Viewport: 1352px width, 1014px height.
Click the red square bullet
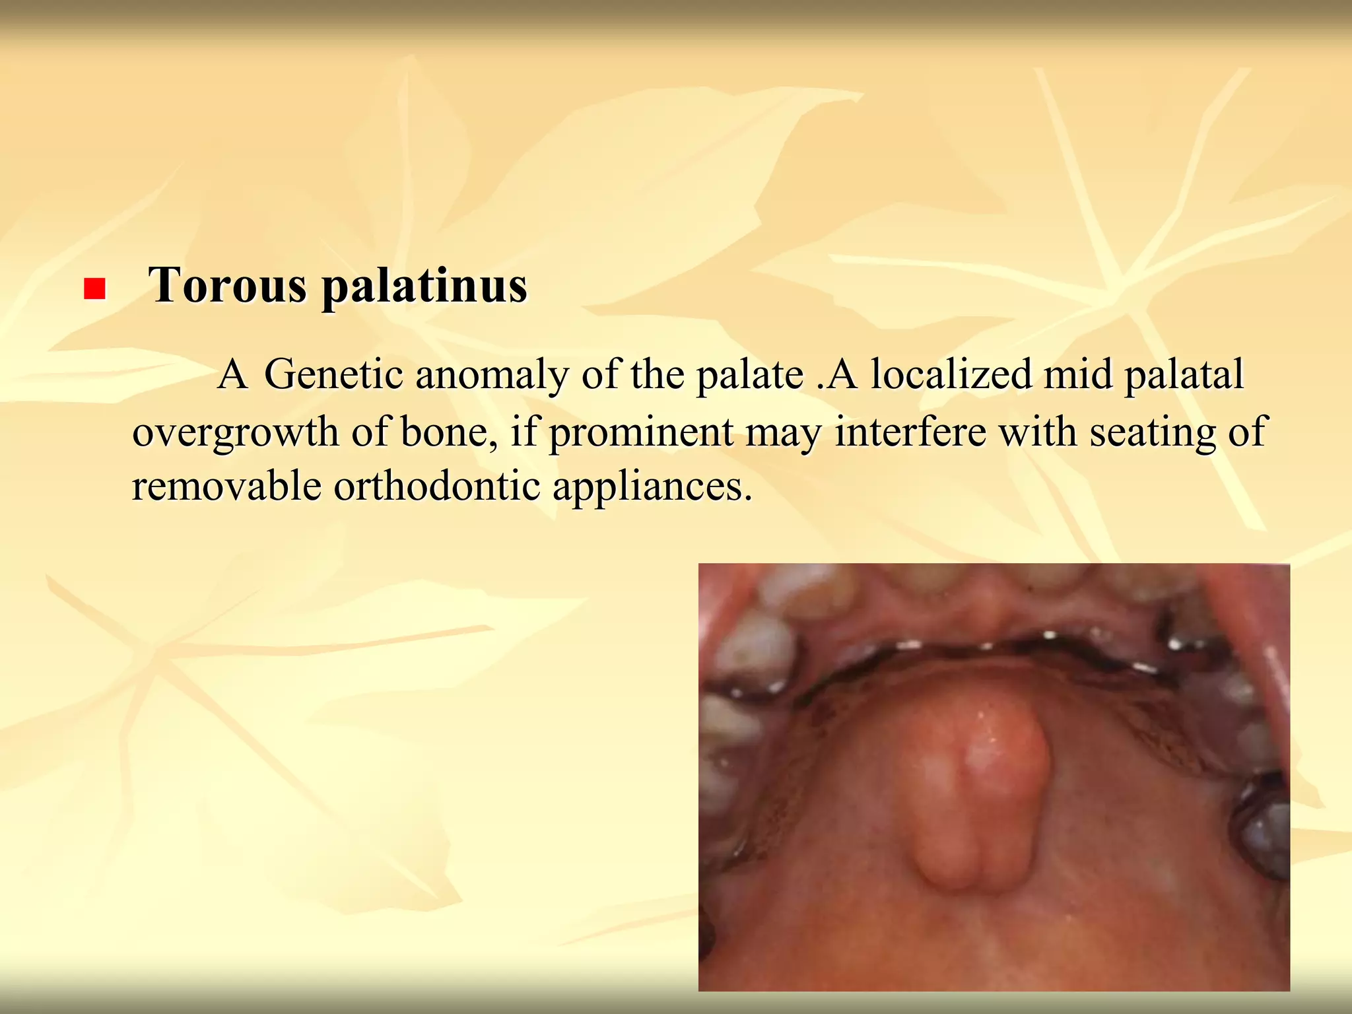(95, 289)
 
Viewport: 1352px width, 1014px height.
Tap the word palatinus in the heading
(424, 287)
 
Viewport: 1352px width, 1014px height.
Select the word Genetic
(333, 375)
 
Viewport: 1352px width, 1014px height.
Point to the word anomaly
(492, 375)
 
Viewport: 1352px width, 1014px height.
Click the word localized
(951, 375)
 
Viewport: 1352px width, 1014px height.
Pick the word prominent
(641, 433)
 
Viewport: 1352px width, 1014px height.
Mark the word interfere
(910, 432)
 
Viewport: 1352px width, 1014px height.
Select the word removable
(226, 487)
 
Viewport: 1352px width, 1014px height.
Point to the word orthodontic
(437, 487)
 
